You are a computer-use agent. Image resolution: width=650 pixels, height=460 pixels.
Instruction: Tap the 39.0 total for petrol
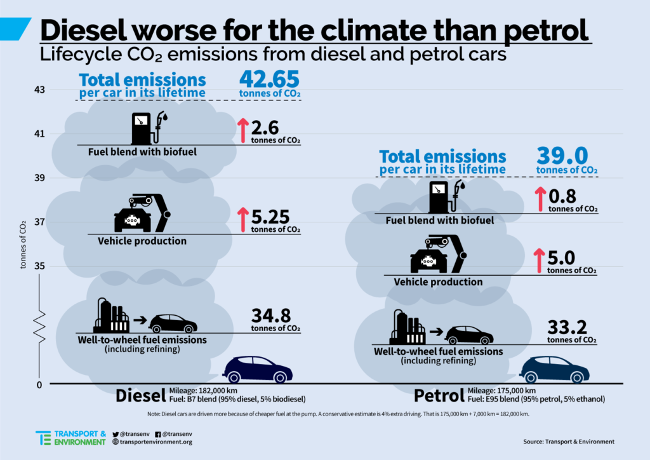point(562,155)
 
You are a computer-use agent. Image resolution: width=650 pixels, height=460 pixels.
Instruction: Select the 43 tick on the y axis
point(39,90)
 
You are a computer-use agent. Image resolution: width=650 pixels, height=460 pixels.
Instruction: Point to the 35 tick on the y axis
point(39,266)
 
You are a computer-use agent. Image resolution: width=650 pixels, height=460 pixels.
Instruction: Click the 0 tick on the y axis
point(39,384)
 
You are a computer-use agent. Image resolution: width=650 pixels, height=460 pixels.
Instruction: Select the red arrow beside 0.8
point(540,199)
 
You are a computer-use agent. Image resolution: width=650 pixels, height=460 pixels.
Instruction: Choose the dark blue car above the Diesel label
point(259,369)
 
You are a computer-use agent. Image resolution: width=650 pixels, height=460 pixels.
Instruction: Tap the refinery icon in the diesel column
point(111,316)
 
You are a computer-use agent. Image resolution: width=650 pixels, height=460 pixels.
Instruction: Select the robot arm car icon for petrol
point(439,255)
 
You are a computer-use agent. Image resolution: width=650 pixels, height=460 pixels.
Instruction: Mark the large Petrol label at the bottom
point(439,396)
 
